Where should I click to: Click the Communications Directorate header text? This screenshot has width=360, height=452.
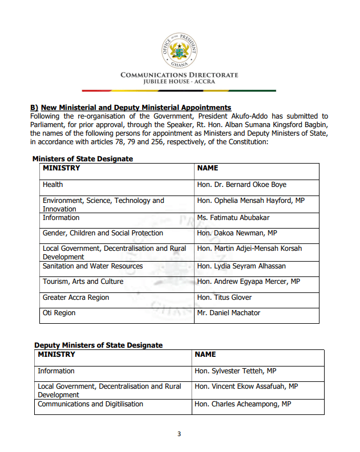click(179, 75)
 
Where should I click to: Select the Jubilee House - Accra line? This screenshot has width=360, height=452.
click(179, 83)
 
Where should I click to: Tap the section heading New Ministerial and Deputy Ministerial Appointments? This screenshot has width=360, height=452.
click(131, 108)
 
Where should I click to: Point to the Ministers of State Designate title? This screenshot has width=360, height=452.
click(83, 158)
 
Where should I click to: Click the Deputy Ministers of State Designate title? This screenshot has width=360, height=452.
click(98, 345)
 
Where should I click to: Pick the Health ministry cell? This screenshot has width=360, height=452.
click(53, 185)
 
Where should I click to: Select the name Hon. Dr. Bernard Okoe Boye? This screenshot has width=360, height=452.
click(241, 185)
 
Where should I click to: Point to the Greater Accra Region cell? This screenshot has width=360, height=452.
click(76, 298)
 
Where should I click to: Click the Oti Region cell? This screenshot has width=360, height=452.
click(59, 313)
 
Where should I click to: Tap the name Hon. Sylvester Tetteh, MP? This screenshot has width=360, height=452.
click(236, 371)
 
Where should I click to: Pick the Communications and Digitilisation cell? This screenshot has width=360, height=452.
click(90, 404)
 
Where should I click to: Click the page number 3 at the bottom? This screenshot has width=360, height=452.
click(179, 434)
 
